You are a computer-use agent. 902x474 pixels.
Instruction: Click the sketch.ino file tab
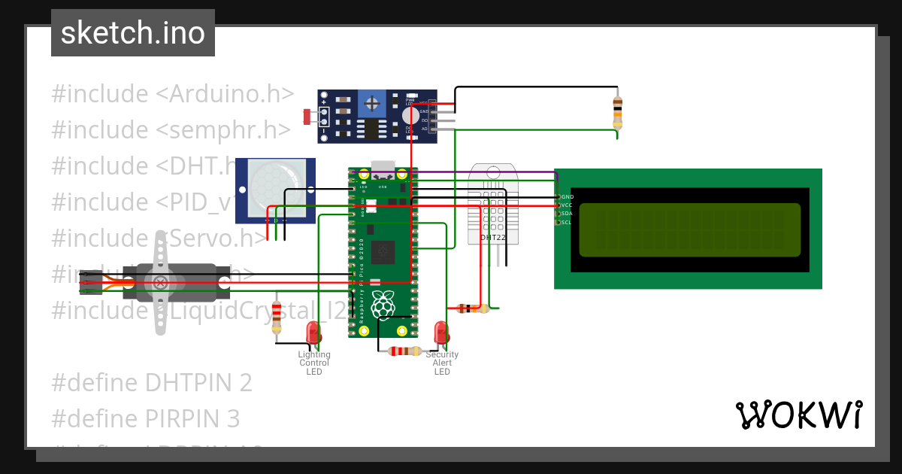133,33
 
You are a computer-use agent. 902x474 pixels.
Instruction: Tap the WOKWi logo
798,415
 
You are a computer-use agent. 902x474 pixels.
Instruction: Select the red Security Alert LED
441,333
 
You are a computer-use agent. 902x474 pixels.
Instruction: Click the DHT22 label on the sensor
493,238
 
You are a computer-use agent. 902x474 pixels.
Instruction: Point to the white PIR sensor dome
266,184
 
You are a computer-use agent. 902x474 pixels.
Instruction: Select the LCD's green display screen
689,229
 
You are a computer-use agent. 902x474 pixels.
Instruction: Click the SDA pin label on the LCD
567,214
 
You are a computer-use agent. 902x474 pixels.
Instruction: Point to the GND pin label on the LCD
567,196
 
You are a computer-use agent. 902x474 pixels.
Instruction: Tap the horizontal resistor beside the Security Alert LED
404,351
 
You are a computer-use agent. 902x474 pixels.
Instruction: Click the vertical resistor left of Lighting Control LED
277,316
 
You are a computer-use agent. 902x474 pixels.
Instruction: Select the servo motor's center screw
160,282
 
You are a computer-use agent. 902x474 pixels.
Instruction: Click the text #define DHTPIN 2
152,382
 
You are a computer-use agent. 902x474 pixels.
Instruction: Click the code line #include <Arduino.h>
173,94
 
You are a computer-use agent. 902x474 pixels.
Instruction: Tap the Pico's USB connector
383,167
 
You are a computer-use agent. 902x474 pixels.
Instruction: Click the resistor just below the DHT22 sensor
472,308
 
